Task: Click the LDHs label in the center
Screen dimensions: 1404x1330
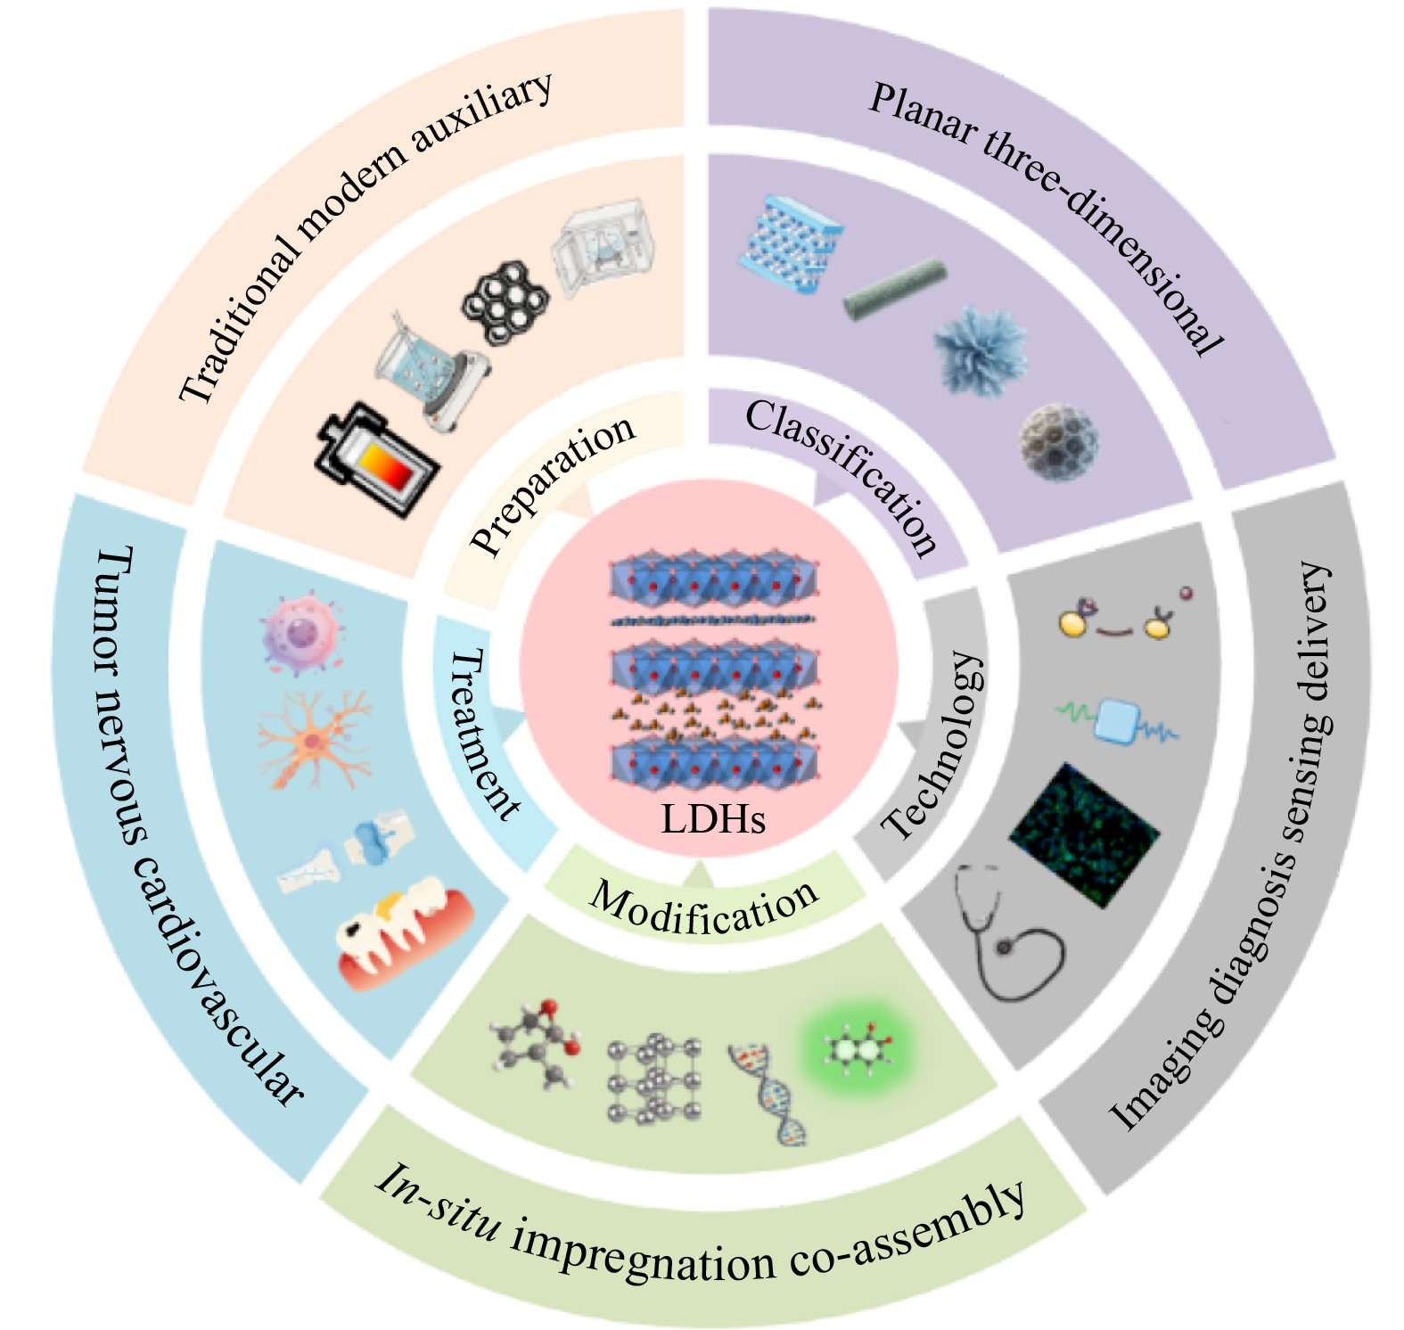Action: click(713, 818)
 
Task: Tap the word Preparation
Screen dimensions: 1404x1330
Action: click(553, 486)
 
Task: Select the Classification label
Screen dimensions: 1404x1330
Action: click(842, 475)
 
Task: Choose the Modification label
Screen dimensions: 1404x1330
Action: click(704, 906)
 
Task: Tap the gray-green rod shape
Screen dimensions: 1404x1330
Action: click(894, 289)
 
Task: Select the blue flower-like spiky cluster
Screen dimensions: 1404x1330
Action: click(981, 349)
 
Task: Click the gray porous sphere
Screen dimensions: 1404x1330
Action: click(1059, 442)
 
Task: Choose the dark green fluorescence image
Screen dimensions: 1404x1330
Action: click(1085, 834)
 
